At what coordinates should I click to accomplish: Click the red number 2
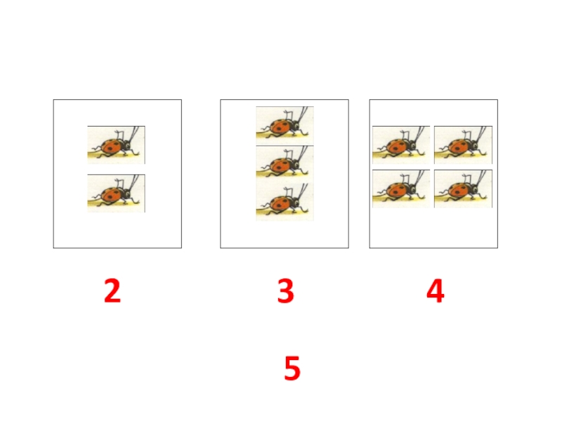[x=112, y=291]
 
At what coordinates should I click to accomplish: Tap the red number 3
[x=286, y=291]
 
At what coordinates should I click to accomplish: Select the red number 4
[x=436, y=291]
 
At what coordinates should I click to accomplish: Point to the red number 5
[x=292, y=368]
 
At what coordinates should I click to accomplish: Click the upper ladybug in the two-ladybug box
[x=116, y=145]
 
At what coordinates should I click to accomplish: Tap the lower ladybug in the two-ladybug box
[x=116, y=193]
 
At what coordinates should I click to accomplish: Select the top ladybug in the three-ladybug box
[x=285, y=126]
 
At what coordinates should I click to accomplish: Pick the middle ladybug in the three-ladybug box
[x=285, y=163]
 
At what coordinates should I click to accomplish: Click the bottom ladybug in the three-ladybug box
[x=285, y=201]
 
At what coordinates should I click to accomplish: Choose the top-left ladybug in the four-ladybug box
[x=401, y=145]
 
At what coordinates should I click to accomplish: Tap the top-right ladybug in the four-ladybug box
[x=463, y=145]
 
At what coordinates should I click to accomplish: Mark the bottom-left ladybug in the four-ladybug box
[x=401, y=188]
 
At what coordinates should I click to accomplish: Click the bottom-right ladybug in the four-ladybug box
[x=463, y=188]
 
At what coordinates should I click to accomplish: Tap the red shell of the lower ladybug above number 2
[x=112, y=195]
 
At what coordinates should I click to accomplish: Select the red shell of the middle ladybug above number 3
[x=280, y=165]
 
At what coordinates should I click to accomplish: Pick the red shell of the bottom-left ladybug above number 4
[x=396, y=190]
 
